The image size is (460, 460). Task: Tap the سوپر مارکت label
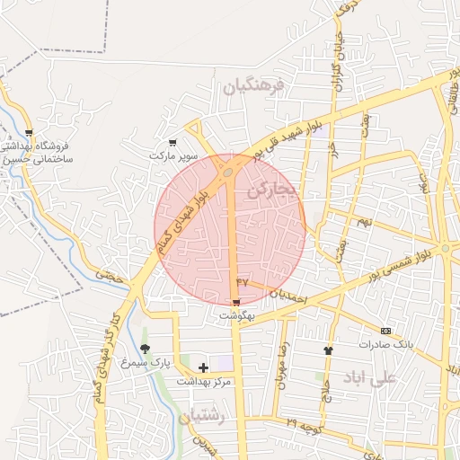(x=173, y=155)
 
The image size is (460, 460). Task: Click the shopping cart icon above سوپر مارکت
(x=173, y=142)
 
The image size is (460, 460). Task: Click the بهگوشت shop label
(x=237, y=316)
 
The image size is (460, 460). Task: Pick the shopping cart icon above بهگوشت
(x=237, y=304)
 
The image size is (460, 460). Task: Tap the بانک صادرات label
(x=385, y=344)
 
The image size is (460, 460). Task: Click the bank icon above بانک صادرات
(x=386, y=331)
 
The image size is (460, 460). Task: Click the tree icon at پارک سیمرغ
(x=145, y=349)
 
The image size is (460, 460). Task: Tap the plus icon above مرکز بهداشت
(x=203, y=367)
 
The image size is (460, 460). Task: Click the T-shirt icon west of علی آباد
(x=328, y=350)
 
